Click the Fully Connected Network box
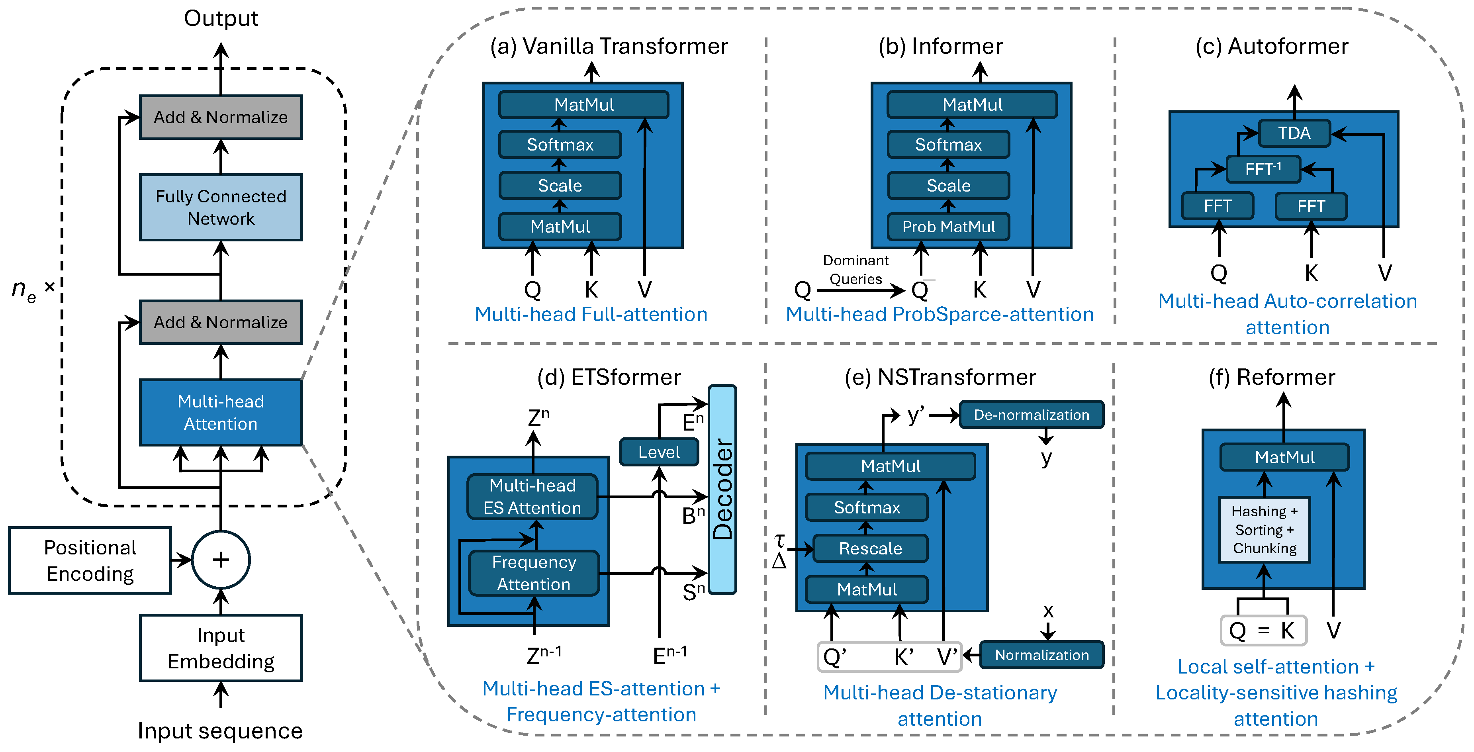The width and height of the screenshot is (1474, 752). coord(221,207)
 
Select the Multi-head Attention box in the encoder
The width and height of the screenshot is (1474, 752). coord(221,412)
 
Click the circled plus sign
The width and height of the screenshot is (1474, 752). coord(221,560)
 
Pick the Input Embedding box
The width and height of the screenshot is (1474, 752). coord(221,648)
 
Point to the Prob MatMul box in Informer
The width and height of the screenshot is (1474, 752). coord(948,227)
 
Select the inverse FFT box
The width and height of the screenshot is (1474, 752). coord(1263,169)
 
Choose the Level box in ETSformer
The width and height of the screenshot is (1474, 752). coord(659,452)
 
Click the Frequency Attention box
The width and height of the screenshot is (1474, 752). coord(534,573)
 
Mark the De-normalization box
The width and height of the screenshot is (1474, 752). coord(1031,415)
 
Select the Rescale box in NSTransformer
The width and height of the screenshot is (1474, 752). coord(870,548)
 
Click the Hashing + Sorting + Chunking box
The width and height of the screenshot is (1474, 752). coord(1265,529)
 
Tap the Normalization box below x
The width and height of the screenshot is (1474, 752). coord(1041,655)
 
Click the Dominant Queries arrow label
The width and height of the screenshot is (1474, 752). coord(855,270)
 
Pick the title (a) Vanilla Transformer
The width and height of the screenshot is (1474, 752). coord(609,46)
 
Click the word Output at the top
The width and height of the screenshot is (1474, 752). coord(221,18)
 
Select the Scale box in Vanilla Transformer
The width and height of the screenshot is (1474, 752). coord(560,186)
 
